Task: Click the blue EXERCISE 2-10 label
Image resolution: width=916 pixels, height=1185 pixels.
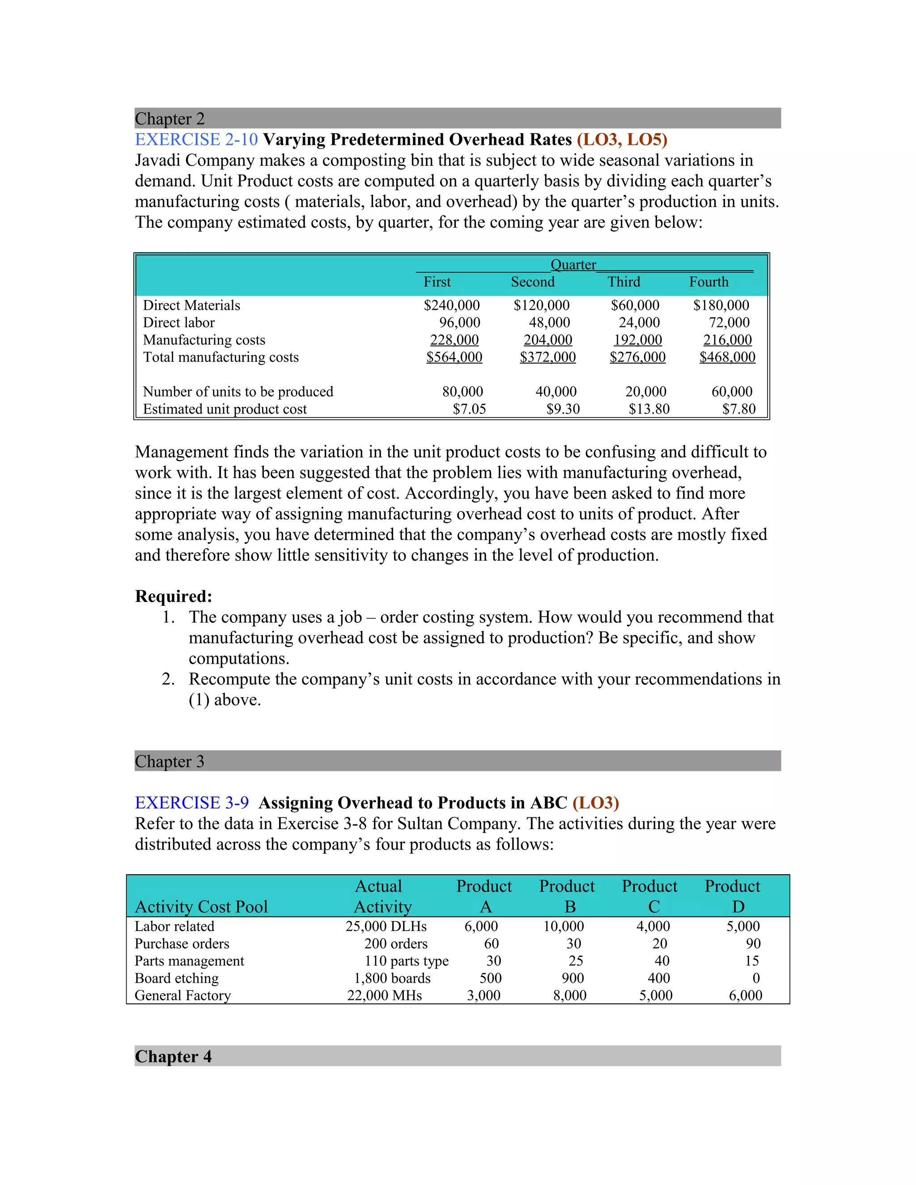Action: tap(196, 140)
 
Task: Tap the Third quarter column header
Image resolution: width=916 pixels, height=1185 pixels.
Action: tap(623, 282)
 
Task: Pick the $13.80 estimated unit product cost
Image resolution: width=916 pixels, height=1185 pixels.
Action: tap(649, 409)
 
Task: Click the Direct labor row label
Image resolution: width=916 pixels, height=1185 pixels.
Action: tap(178, 322)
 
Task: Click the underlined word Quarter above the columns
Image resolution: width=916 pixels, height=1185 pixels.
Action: tap(573, 265)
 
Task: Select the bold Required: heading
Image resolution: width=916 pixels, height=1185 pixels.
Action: tap(173, 596)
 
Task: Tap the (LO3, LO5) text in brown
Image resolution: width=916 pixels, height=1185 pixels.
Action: tap(622, 140)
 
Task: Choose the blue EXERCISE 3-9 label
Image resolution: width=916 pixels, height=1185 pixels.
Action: tap(191, 803)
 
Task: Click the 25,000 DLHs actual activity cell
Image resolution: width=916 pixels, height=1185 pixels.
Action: tap(386, 926)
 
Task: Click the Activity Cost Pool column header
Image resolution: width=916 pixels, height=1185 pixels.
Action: tap(201, 907)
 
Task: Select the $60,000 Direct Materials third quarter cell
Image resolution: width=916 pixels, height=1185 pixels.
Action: tap(635, 305)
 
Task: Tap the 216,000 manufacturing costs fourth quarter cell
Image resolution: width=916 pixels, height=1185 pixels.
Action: tap(727, 340)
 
